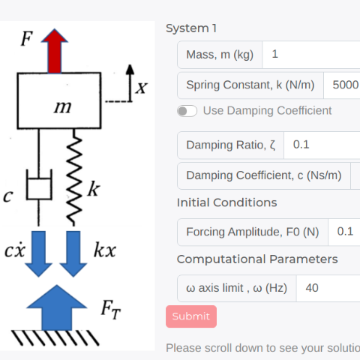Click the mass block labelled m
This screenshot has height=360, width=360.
point(59,100)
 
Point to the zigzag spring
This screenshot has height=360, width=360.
point(74,178)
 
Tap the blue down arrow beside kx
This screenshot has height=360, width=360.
point(73,253)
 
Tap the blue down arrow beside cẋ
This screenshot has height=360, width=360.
point(38,253)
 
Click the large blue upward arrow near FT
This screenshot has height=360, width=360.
point(57,307)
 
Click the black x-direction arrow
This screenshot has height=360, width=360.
point(130,83)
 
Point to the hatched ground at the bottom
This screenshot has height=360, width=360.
point(55,337)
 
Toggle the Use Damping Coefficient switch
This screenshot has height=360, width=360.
point(187,111)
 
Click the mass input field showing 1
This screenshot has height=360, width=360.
point(311,55)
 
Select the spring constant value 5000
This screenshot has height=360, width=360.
point(345,85)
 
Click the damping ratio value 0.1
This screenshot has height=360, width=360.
point(301,145)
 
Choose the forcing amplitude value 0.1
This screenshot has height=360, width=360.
point(345,232)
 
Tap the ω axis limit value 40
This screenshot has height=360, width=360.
point(312,288)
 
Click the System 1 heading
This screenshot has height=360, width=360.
point(191,28)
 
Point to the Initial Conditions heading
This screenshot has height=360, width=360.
point(226,202)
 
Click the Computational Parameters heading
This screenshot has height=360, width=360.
point(257,259)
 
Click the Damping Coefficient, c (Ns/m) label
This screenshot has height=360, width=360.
point(264,175)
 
